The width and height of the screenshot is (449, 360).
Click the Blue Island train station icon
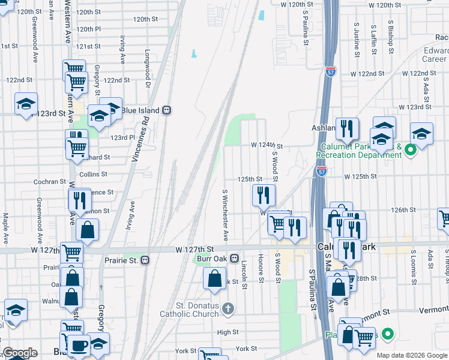pyautogui.click(x=166, y=110)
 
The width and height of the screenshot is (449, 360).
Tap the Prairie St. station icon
pyautogui.click(x=145, y=260)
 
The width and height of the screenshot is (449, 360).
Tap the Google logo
pyautogui.click(x=20, y=353)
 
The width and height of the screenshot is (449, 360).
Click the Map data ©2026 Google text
pyautogui.click(x=411, y=355)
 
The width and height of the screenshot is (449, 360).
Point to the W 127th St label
pyautogui.click(x=195, y=249)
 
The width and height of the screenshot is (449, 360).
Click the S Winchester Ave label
pyautogui.click(x=226, y=215)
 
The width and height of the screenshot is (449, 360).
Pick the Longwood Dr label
pyautogui.click(x=147, y=67)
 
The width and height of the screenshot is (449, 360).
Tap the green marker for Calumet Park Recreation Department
pyautogui.click(x=411, y=149)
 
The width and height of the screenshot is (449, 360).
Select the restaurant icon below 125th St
pyautogui.click(x=263, y=195)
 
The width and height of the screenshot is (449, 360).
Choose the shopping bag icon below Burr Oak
pyautogui.click(x=214, y=279)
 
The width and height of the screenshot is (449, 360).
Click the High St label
pyautogui.click(x=228, y=332)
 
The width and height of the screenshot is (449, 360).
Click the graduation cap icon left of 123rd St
pyautogui.click(x=26, y=104)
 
